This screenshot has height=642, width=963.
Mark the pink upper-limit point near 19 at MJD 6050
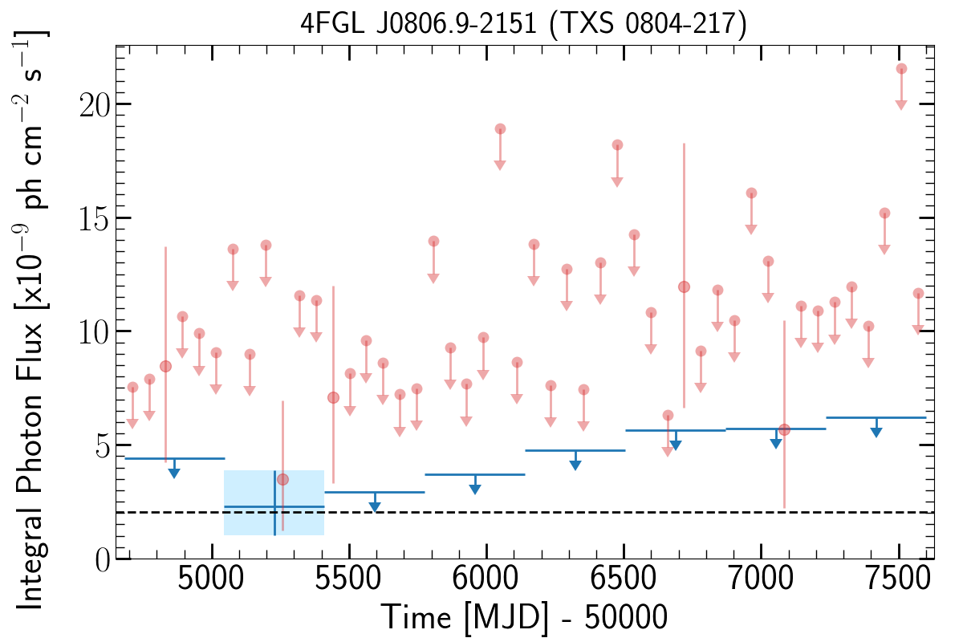pyautogui.click(x=500, y=129)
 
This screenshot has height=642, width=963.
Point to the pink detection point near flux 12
pyautogui.click(x=684, y=286)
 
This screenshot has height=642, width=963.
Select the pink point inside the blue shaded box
pyautogui.click(x=282, y=479)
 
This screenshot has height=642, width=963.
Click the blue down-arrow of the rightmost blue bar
pyautogui.click(x=876, y=432)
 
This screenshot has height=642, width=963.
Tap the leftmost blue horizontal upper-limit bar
pyautogui.click(x=175, y=458)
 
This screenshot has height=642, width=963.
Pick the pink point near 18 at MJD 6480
pyautogui.click(x=617, y=145)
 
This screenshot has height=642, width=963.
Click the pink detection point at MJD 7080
pyautogui.click(x=784, y=429)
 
